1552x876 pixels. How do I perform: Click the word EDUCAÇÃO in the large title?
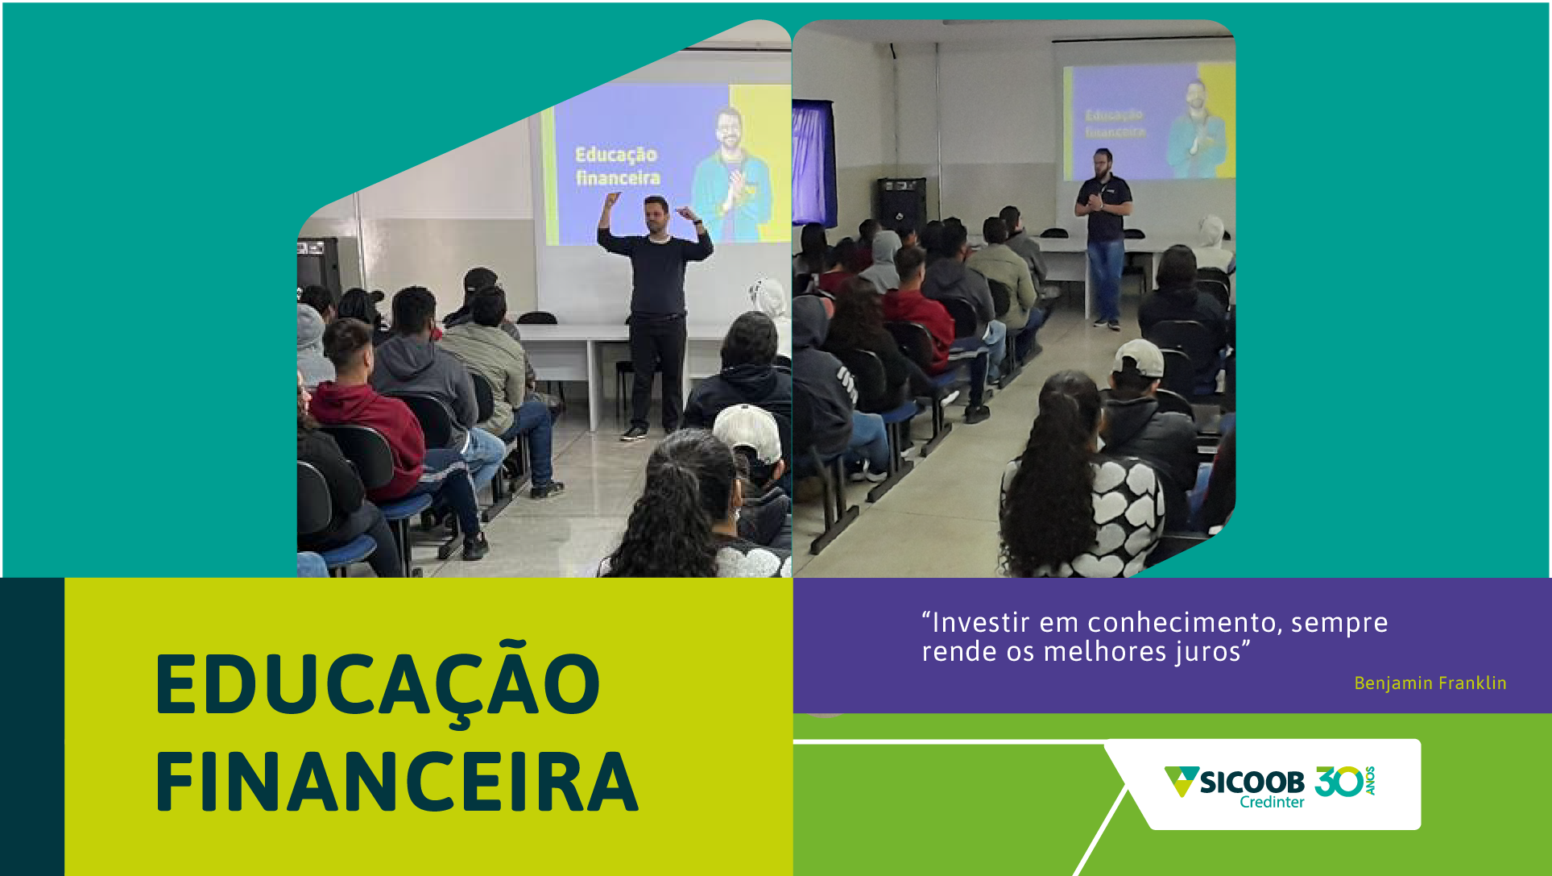[377, 684]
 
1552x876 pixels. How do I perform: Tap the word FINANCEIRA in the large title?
[396, 782]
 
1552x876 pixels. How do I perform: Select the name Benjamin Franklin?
[1430, 683]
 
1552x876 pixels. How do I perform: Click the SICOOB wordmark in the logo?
[1252, 781]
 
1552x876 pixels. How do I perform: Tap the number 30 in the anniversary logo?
[1339, 781]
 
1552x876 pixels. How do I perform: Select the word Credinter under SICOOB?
[1272, 803]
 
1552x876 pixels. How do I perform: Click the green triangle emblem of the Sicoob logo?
[1181, 780]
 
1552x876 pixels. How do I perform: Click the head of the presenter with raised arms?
[656, 214]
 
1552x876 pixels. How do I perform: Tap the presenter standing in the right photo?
[1103, 234]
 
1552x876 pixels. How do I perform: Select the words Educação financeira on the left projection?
[617, 166]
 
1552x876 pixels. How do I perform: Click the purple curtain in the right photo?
[813, 161]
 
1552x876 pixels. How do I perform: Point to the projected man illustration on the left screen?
[731, 173]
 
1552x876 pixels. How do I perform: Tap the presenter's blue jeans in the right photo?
[1104, 278]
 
